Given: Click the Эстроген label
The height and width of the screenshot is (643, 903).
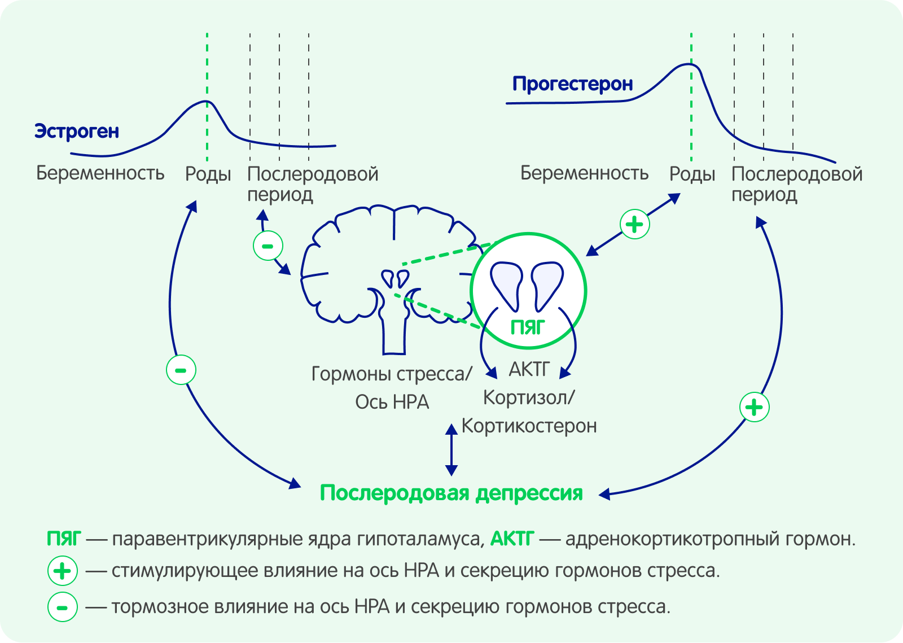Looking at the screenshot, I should click(77, 131).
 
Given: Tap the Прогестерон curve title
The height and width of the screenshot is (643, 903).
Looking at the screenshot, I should click(572, 84).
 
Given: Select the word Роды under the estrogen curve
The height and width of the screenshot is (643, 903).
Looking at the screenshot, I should click(208, 174).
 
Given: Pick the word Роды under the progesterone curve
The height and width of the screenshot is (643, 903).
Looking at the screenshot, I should click(692, 174).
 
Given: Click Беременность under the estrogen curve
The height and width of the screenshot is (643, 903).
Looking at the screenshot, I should click(100, 173).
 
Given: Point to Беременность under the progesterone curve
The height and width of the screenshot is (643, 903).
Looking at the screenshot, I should click(584, 173).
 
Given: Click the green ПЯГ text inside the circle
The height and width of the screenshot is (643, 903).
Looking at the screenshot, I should click(527, 327).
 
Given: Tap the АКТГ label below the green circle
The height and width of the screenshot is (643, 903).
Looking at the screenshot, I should click(529, 369).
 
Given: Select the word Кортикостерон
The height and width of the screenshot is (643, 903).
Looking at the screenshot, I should click(529, 426).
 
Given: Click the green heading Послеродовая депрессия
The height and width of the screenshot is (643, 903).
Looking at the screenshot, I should click(451, 493).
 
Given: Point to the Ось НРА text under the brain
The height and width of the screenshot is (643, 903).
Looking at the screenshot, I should click(392, 402).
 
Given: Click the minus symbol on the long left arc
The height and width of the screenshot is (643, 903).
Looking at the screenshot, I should click(181, 370).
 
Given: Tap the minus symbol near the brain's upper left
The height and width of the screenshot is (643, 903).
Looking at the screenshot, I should click(268, 246).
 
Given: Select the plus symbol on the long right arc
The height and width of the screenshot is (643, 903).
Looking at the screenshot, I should click(755, 407).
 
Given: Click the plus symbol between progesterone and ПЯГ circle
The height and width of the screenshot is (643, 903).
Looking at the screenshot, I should click(635, 224).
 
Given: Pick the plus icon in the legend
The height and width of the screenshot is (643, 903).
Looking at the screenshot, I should click(62, 571).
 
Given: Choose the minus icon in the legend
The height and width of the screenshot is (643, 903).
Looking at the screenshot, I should click(62, 607).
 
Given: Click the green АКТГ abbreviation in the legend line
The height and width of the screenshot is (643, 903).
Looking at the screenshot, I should click(511, 539).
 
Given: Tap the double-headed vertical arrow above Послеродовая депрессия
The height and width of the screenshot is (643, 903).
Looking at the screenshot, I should click(451, 450).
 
